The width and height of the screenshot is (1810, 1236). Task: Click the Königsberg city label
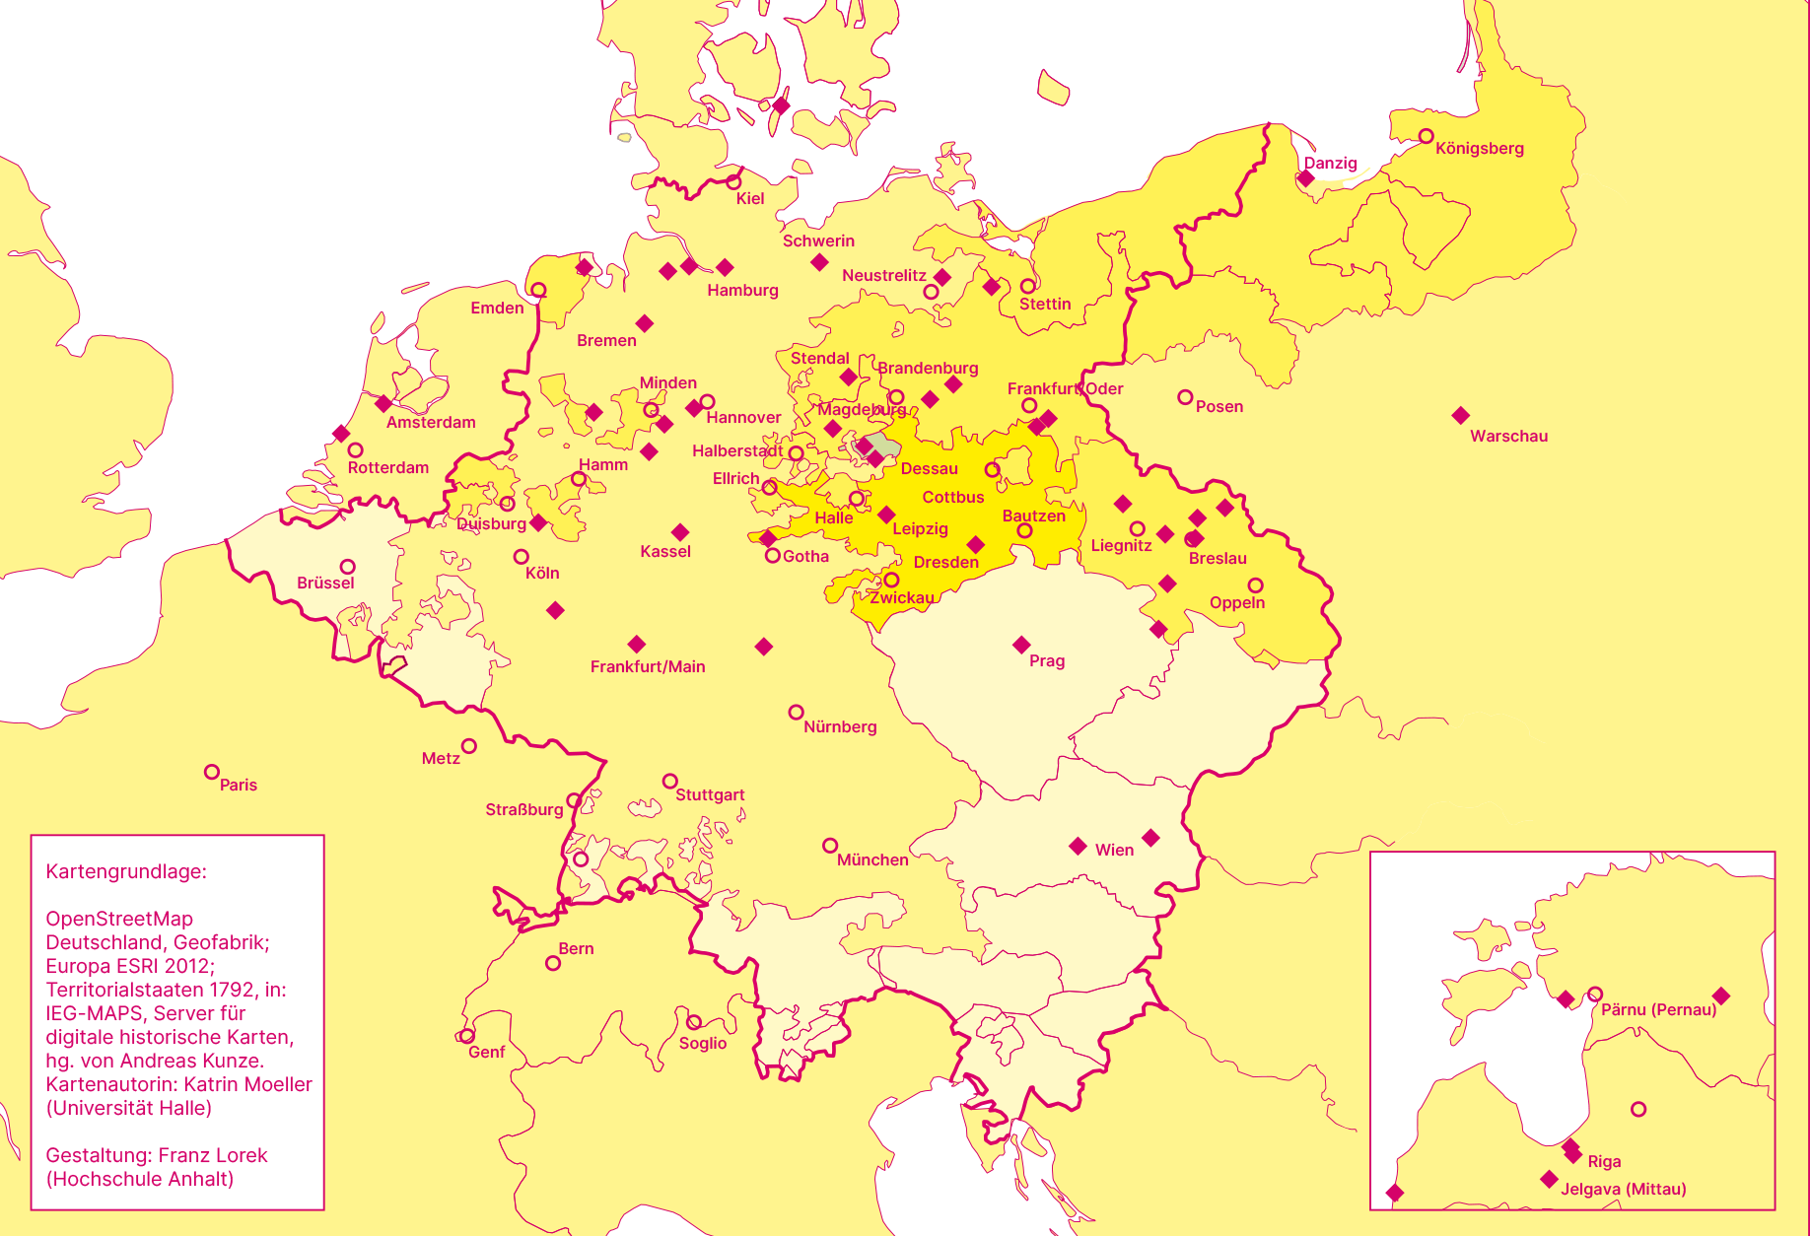(1479, 149)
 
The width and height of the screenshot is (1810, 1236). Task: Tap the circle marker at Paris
(211, 772)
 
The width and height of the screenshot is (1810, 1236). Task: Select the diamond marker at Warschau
(1461, 416)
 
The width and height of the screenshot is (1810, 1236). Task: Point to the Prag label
(1046, 661)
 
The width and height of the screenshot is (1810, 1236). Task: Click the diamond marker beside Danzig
(1305, 178)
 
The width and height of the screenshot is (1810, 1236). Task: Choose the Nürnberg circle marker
(796, 712)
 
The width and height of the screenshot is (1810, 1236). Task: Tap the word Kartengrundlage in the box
(126, 871)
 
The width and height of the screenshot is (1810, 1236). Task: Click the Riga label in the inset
(1604, 1162)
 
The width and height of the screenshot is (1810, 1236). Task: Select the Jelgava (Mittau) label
(1623, 1190)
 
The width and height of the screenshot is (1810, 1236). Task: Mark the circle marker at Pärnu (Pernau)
(1595, 994)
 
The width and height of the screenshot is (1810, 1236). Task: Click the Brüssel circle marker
(347, 567)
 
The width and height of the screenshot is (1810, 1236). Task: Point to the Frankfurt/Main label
(648, 667)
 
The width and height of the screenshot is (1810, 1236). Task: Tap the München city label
(872, 860)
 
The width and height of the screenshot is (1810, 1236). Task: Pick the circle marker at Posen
(1185, 397)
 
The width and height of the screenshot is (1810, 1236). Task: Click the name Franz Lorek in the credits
(213, 1155)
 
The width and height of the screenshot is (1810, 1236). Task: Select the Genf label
(486, 1053)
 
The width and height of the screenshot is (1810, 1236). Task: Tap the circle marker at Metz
(469, 746)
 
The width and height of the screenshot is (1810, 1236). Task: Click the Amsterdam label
(431, 423)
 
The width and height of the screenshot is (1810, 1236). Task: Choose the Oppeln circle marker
(1255, 585)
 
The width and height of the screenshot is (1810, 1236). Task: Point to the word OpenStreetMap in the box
(119, 919)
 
